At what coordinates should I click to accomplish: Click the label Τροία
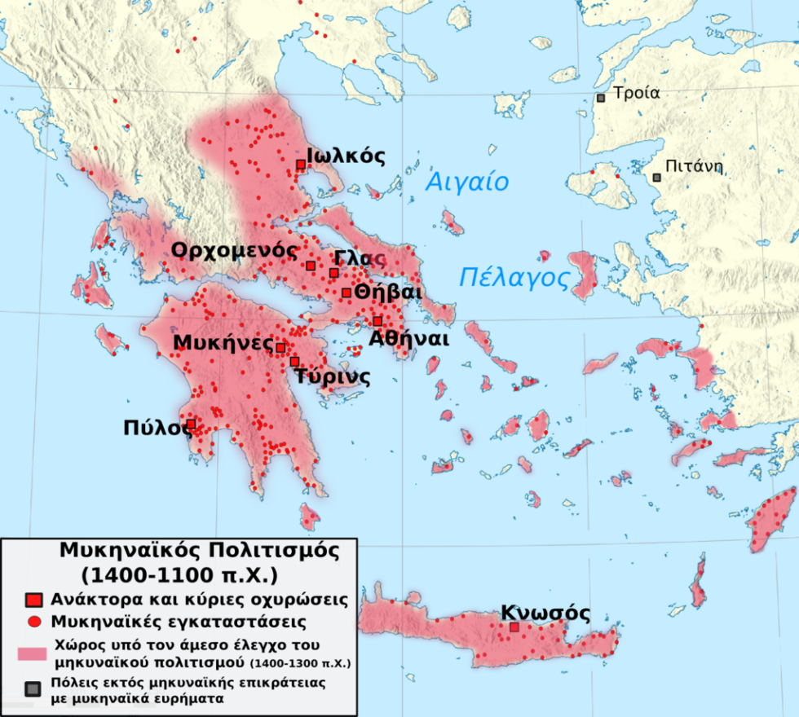tap(637, 93)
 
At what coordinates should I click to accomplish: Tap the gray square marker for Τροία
tap(601, 98)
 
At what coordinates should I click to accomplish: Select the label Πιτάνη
tap(694, 168)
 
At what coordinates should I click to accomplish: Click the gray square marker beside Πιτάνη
tap(656, 177)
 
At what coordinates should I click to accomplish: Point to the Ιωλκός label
tap(346, 156)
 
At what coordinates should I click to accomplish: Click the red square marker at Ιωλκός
tap(301, 165)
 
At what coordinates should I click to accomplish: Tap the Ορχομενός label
tap(232, 250)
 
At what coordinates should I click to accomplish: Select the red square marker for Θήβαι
tap(347, 293)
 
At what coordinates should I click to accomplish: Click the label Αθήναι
tap(408, 339)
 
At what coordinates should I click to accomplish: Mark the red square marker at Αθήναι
tap(377, 321)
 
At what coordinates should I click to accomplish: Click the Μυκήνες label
tap(223, 343)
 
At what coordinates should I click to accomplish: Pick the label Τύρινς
tap(333, 377)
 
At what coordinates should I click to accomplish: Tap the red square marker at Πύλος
tap(192, 424)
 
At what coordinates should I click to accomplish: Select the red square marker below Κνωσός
tap(514, 627)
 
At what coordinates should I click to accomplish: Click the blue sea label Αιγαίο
tap(468, 182)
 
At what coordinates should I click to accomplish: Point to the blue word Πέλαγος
tap(514, 278)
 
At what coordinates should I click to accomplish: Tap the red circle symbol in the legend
tap(33, 622)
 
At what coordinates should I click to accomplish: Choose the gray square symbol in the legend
tap(33, 689)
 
